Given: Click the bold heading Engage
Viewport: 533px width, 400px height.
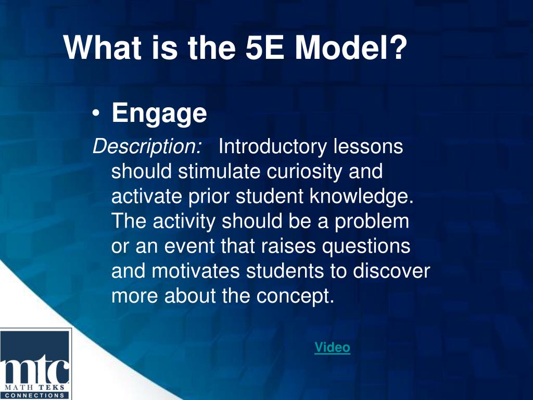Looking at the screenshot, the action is [159, 114].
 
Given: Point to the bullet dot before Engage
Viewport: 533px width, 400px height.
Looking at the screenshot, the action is [96, 114].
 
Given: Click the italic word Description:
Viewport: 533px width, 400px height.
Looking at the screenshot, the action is [147, 147].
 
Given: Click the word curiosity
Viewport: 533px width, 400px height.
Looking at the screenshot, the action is [304, 172].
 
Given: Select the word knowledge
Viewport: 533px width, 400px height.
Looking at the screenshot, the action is [362, 197].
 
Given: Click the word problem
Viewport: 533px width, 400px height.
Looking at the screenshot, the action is [372, 222].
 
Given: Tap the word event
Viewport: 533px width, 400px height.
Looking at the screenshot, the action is [189, 246].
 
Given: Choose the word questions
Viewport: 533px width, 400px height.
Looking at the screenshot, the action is [366, 246].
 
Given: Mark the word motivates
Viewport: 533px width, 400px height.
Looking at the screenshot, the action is [196, 271].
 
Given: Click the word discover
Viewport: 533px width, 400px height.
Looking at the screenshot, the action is [391, 271].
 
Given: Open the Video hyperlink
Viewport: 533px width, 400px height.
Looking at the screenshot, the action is [332, 347].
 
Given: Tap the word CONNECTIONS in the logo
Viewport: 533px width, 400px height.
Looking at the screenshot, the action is [35, 395].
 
